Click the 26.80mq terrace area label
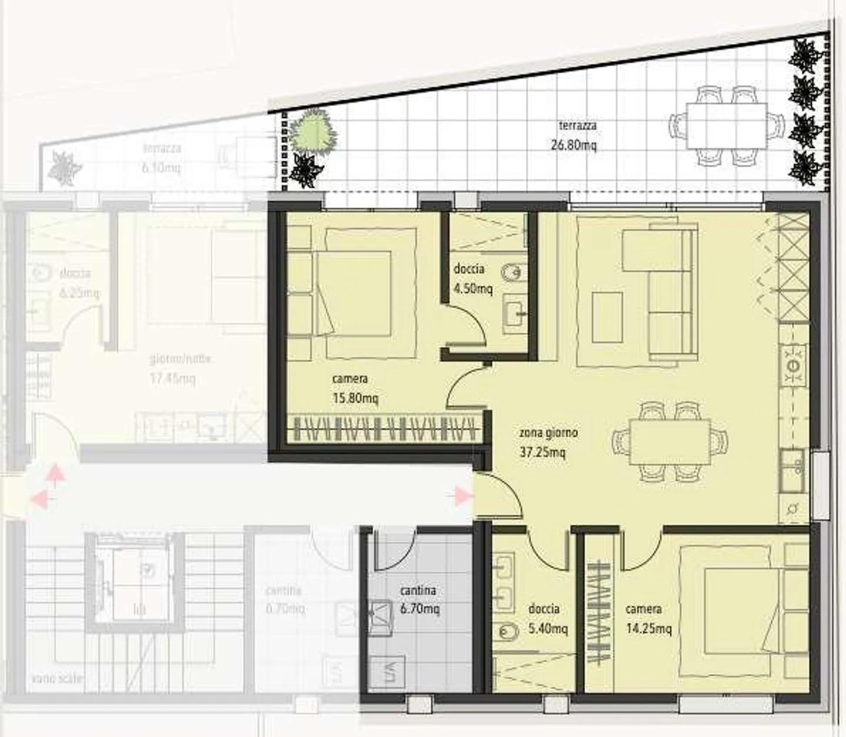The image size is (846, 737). tap(573, 145)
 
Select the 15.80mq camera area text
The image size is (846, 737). tap(355, 398)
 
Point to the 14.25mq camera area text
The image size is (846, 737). tap(648, 629)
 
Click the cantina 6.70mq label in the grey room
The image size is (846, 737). tap(418, 599)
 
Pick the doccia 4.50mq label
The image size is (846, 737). tap(472, 279)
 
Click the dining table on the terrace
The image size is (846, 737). tap(727, 125)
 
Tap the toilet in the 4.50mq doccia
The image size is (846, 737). tap(510, 273)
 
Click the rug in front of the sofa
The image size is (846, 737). tap(607, 317)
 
